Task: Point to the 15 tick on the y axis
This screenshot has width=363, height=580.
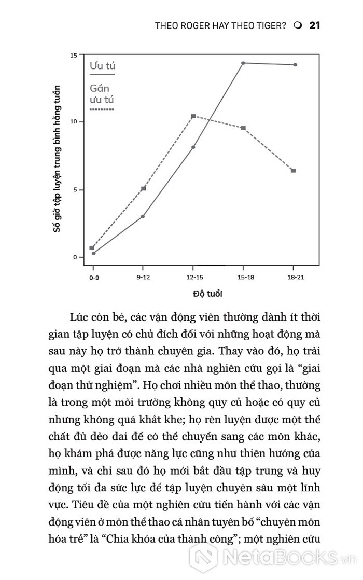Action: coord(74,55)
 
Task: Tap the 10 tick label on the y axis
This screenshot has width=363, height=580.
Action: coord(74,122)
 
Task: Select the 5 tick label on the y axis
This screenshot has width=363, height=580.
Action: coord(75,190)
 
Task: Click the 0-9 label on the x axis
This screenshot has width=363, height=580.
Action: coord(94,278)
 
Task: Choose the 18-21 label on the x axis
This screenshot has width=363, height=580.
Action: coord(295,278)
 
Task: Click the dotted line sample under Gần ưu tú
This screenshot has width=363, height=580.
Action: coord(102,109)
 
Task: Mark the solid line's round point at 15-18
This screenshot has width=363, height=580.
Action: coord(243,63)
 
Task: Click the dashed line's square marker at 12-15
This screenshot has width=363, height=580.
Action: coord(193,116)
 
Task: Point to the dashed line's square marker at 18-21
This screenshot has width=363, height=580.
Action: coord(294,171)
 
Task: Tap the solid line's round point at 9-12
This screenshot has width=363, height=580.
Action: coord(143,216)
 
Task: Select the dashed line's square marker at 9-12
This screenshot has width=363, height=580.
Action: coord(143,188)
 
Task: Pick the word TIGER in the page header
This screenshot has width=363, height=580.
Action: coord(268,25)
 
